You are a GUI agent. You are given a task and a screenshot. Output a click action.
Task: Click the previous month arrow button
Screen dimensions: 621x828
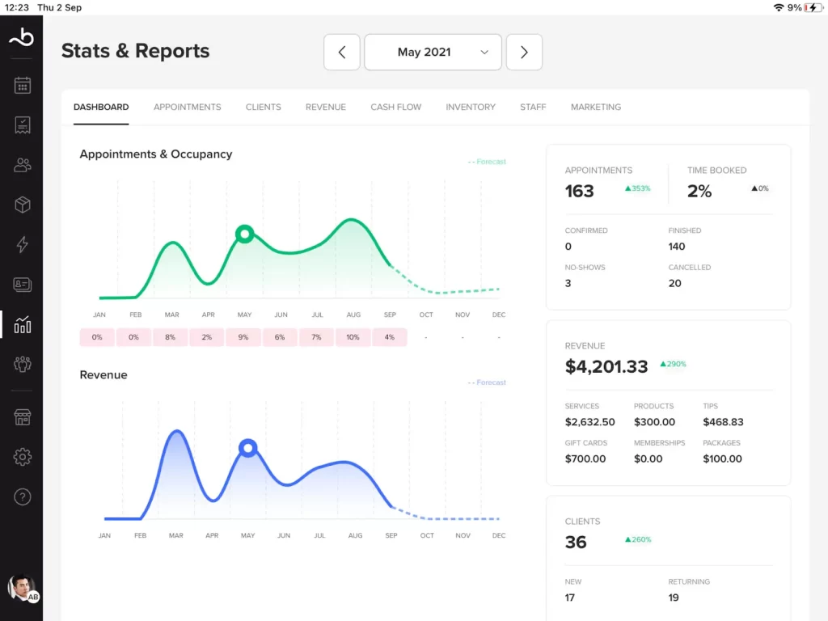(342, 53)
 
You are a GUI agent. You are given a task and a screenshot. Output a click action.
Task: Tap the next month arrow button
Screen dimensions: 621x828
(524, 53)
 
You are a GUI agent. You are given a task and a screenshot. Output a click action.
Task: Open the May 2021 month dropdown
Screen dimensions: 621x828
(433, 53)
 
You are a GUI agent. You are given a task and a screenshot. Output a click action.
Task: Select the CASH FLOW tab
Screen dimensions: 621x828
(395, 107)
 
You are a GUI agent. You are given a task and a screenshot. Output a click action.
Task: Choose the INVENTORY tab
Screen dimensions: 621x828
(471, 107)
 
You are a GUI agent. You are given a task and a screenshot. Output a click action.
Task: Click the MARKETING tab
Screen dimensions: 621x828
(596, 107)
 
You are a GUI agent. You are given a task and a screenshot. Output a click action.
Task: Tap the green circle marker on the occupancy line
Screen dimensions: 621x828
(245, 234)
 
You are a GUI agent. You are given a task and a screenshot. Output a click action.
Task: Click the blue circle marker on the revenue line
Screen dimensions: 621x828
(248, 448)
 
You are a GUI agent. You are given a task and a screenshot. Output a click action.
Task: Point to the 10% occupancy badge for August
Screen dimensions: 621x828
(353, 337)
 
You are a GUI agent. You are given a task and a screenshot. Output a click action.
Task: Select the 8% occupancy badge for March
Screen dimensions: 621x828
(170, 337)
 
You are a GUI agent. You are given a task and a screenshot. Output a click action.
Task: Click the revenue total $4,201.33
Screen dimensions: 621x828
(606, 366)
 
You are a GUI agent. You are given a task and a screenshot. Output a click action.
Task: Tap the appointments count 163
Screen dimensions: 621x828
(579, 191)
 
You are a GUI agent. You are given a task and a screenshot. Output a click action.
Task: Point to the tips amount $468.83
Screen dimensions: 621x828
(723, 422)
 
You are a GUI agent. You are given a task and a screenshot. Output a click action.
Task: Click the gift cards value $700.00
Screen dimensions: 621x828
(585, 458)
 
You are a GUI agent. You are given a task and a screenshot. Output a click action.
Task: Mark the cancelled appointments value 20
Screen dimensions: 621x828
(675, 283)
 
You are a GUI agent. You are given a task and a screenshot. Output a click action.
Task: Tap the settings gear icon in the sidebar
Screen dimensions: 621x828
(23, 457)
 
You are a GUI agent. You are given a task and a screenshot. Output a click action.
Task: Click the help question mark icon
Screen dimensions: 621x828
(23, 496)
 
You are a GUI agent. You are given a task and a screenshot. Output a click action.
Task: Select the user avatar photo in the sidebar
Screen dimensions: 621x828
(21, 587)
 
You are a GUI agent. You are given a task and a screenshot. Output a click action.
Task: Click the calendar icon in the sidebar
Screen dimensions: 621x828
(23, 85)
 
